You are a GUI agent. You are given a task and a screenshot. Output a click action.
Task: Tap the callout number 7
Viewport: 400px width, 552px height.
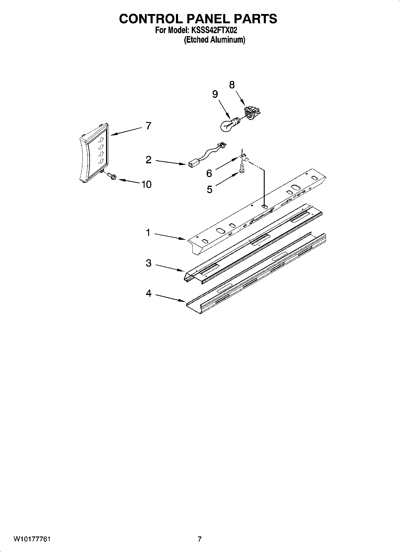point(148,126)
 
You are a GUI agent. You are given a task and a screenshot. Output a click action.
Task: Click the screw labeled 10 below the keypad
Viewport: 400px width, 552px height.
point(111,176)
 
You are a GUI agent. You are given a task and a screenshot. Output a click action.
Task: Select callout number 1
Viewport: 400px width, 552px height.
point(148,233)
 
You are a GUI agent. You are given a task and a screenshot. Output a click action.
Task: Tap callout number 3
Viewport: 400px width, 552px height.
point(148,263)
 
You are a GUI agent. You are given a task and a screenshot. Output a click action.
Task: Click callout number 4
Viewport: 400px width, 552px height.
point(148,294)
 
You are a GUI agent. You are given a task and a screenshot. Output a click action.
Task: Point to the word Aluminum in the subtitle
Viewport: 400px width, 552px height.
point(228,40)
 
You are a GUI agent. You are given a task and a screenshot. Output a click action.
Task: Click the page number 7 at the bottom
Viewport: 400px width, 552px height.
point(200,539)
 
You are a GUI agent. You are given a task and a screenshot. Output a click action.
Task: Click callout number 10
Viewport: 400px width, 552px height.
point(146,184)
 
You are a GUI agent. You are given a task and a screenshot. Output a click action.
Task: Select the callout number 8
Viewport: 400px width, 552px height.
point(232,85)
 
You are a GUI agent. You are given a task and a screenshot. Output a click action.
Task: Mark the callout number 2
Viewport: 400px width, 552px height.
point(148,160)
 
